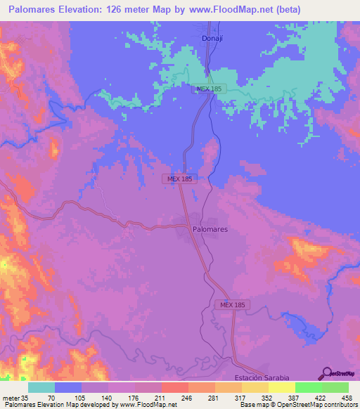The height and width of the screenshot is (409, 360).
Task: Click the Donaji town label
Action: tap(212, 39)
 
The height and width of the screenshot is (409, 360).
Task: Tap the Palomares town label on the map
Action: tap(210, 229)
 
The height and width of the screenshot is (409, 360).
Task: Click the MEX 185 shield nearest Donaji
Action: tap(210, 89)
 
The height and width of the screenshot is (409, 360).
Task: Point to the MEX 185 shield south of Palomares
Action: tap(232, 304)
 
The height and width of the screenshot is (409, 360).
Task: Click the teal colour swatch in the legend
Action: tap(41, 387)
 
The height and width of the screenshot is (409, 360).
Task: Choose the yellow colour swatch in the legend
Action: tap(281, 387)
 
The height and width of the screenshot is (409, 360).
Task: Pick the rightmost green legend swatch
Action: tap(335, 387)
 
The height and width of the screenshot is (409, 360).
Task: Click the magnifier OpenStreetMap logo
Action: tap(326, 375)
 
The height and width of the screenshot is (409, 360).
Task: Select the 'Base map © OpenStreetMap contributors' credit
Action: tap(298, 405)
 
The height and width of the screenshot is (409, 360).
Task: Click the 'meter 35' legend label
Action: tap(14, 397)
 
